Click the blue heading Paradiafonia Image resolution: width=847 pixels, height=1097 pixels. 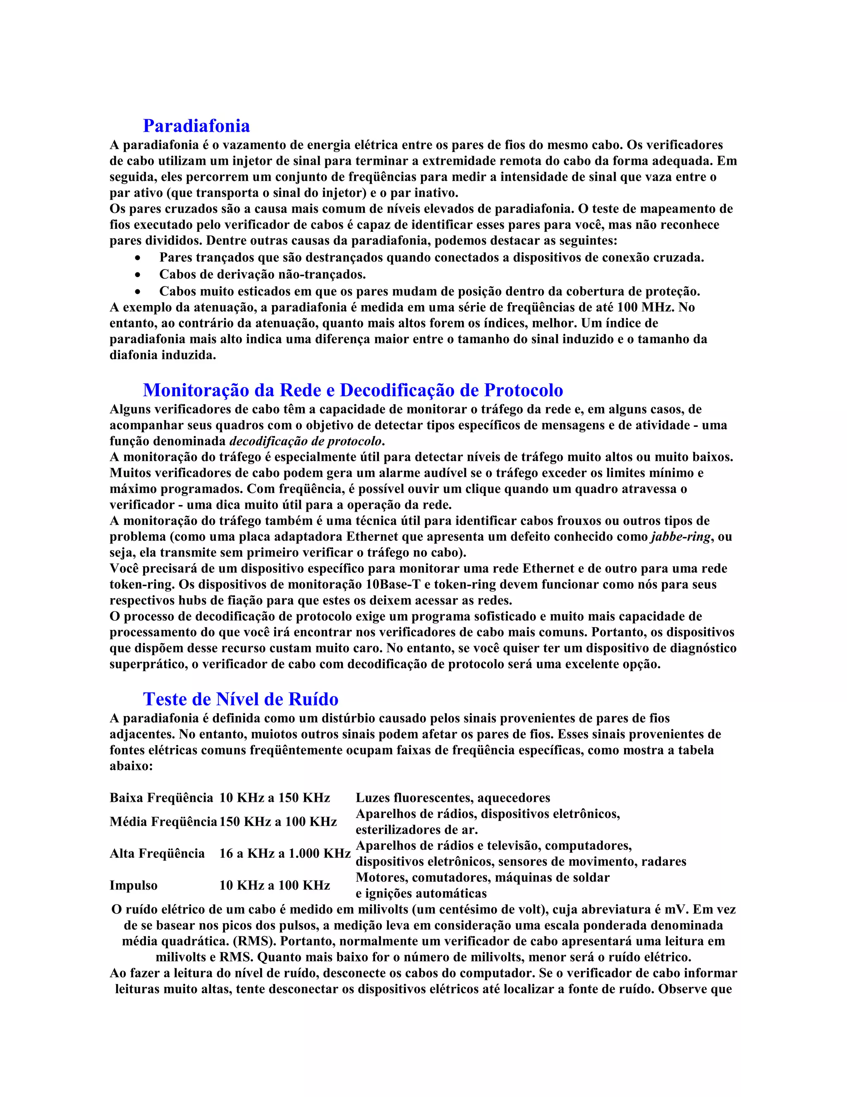(x=196, y=125)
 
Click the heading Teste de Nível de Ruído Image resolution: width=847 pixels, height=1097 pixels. (x=240, y=699)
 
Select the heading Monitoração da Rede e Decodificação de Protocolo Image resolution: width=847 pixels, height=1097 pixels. (x=353, y=390)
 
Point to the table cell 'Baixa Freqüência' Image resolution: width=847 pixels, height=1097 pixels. (x=161, y=798)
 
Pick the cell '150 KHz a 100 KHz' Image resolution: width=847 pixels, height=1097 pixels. (x=278, y=822)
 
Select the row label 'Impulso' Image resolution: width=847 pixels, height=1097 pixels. (x=134, y=885)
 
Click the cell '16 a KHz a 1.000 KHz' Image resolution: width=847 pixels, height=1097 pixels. (x=285, y=854)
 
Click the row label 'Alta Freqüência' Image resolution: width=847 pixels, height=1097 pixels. (x=157, y=854)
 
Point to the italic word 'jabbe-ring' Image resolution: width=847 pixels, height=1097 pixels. (x=681, y=537)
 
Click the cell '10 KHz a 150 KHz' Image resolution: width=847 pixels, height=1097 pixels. (x=275, y=798)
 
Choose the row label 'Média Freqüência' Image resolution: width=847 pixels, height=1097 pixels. (x=163, y=822)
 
